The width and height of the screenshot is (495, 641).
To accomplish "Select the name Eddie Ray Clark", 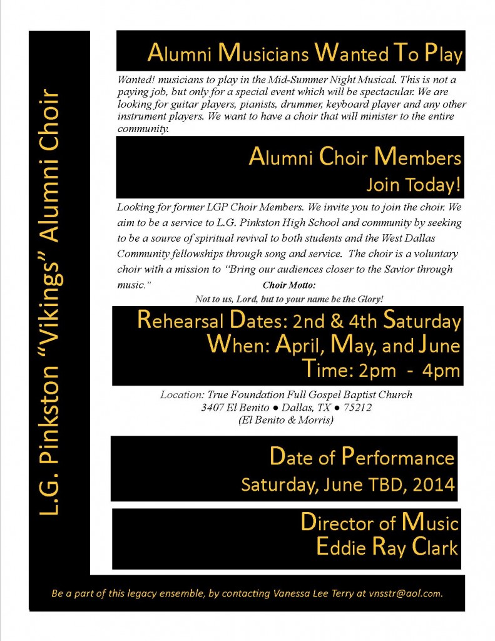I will (387, 548).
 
